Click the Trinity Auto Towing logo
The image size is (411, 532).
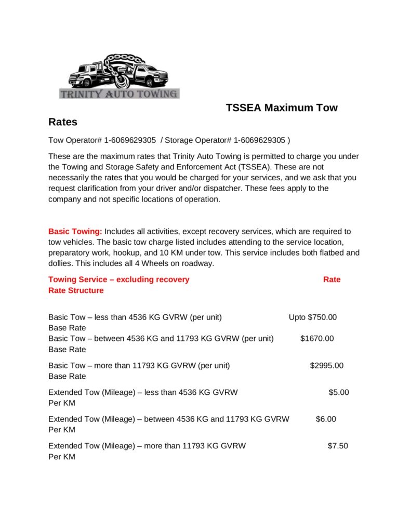pyautogui.click(x=120, y=76)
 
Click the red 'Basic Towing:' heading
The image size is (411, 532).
pyautogui.click(x=75, y=231)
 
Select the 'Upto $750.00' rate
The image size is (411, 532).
pyautogui.click(x=313, y=317)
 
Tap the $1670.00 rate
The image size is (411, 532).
pyautogui.click(x=317, y=339)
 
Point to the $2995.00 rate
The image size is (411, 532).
pyautogui.click(x=327, y=365)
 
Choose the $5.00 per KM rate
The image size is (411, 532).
pyautogui.click(x=339, y=392)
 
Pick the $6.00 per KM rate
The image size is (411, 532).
pyautogui.click(x=326, y=419)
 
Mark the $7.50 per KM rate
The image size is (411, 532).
pyautogui.click(x=338, y=446)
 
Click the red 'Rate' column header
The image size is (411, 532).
pyautogui.click(x=332, y=280)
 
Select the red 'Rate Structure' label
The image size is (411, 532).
pyautogui.click(x=76, y=290)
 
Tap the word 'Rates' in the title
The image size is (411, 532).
pyautogui.click(x=63, y=122)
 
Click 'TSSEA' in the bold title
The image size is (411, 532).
pyautogui.click(x=244, y=108)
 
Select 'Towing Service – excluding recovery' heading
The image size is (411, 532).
pyautogui.click(x=119, y=280)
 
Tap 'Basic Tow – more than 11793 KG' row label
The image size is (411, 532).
pyautogui.click(x=139, y=365)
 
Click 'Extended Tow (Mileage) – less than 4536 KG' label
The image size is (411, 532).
pyautogui.click(x=143, y=392)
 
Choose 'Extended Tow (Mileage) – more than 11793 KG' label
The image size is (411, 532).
pyautogui.click(x=147, y=446)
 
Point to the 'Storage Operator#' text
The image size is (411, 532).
pyautogui.click(x=198, y=140)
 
